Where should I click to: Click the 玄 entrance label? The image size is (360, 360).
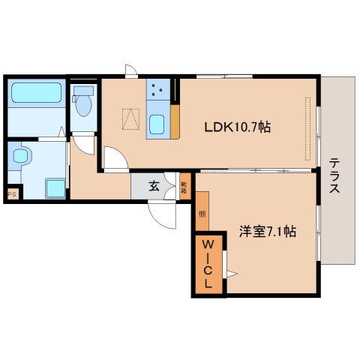point(154,186)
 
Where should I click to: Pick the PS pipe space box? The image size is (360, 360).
point(12,195)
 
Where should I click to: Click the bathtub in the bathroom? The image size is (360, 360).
point(35,95)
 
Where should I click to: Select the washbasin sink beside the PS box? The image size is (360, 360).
point(22,157)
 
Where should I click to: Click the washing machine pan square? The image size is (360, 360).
point(53,187)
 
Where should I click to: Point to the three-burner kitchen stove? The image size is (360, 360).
point(157,92)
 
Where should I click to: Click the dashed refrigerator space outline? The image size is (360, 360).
point(132,118)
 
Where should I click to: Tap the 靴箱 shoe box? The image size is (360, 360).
point(184,186)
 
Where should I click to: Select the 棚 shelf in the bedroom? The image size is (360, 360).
point(202,214)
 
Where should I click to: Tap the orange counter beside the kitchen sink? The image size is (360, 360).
point(175,121)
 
